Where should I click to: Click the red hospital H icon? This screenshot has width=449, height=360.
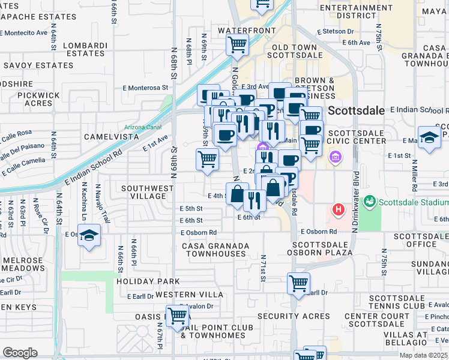coord(339,210)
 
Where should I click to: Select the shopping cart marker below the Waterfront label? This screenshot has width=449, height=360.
coord(237,45)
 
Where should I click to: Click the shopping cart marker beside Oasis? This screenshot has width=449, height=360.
coord(177,315)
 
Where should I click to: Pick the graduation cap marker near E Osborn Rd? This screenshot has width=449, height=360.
coord(89,236)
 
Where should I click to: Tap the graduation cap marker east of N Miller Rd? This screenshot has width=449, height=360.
coord(430,137)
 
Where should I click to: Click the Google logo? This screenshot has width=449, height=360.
coord(20,353)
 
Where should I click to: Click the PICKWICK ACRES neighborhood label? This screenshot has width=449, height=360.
coord(39,99)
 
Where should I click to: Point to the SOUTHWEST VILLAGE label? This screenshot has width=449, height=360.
coord(147,192)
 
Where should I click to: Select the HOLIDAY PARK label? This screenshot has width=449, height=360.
coord(148,281)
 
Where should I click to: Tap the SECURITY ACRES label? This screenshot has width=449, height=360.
coord(294,316)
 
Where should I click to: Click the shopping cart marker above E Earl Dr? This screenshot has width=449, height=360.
coord(298,283)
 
